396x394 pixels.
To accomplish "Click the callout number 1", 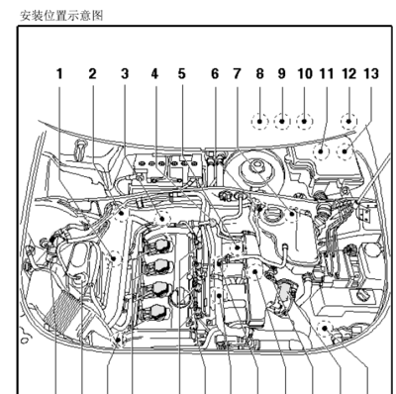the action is pos(59,74).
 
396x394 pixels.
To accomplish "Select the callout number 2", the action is pos(92,74).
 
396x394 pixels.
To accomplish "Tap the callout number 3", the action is pos(125,74).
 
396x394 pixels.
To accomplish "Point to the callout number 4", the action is pos(154,74).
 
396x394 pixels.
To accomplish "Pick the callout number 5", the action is pos(182,74).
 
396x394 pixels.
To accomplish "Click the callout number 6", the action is pos(215,74).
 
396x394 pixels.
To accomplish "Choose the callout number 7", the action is pos(237,74).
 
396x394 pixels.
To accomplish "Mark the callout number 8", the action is pos(260,74).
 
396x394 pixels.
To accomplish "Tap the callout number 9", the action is pos(281,74).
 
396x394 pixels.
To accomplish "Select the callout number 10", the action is pos(305,74).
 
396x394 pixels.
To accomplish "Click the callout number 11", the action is pos(327,74).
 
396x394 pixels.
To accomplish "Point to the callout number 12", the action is pos(349,74).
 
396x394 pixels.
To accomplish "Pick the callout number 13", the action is pos(371,74).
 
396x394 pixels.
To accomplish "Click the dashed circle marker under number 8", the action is pos(260,122).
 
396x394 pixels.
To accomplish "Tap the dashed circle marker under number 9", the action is pos(282,122).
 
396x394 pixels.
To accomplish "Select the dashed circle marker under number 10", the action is pos(305,122).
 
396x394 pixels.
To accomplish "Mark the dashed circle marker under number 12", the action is pos(348,122).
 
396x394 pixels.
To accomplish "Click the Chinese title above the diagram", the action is pos(61,16).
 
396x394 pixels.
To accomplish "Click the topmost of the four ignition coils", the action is pos(157,245).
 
